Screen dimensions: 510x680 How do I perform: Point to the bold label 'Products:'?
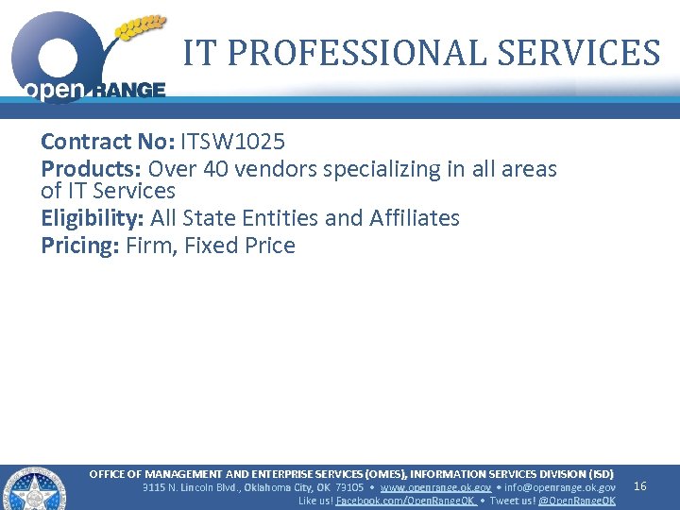tap(91, 170)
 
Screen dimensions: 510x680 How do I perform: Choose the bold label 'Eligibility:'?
tap(93, 218)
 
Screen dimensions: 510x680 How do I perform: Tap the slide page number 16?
tap(639, 486)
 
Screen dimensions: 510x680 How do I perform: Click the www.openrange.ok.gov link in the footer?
tap(435, 487)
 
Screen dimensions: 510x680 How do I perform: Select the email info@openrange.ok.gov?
tap(560, 487)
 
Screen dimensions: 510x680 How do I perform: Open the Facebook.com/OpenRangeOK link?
tap(405, 501)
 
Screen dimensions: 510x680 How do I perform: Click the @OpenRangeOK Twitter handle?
tap(577, 501)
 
